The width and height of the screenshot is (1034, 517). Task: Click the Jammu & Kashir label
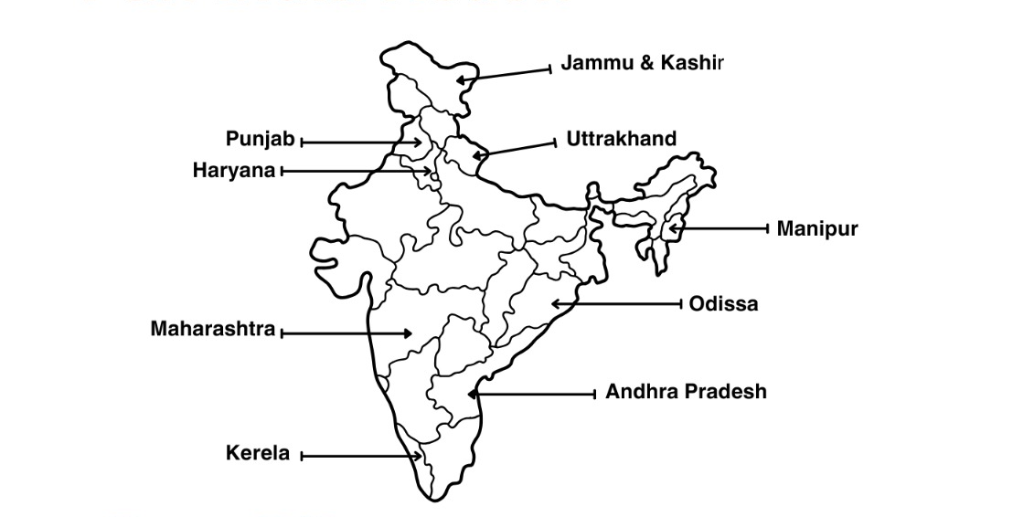(x=642, y=63)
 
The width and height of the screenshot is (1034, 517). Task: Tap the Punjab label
(x=261, y=140)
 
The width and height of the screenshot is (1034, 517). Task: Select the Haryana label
(x=234, y=171)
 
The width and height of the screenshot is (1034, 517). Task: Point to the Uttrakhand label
(x=622, y=139)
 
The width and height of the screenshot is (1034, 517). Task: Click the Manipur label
(x=817, y=228)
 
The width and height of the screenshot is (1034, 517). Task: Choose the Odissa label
(x=723, y=304)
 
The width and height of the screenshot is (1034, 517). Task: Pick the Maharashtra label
(x=213, y=329)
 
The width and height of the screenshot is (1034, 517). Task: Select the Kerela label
(x=258, y=453)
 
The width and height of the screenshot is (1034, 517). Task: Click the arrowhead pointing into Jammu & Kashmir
(x=461, y=80)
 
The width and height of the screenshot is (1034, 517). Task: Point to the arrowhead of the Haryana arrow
(x=429, y=171)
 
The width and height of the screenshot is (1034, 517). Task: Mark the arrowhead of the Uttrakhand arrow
(x=476, y=155)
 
